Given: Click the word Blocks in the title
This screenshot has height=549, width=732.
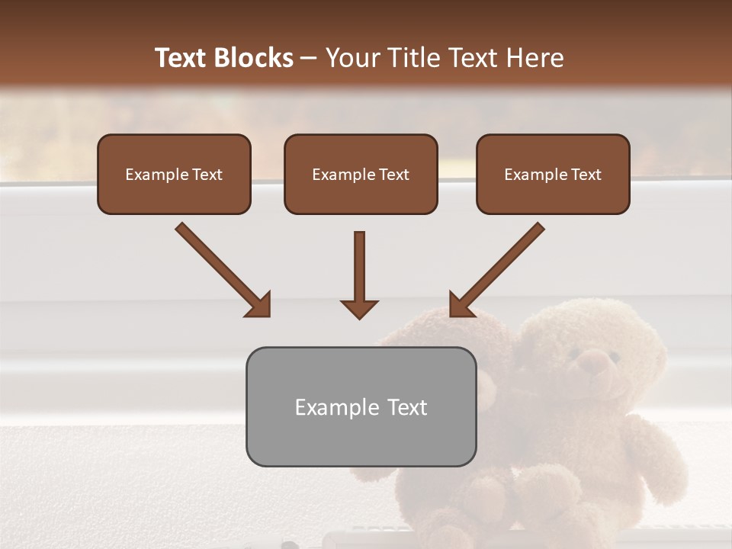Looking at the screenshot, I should point(253,58).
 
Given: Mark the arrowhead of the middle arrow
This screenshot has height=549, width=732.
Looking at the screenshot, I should point(359,308).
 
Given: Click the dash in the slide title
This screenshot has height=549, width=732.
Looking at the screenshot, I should point(309,58).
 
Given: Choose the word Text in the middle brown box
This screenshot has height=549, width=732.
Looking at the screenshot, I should point(393,174).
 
